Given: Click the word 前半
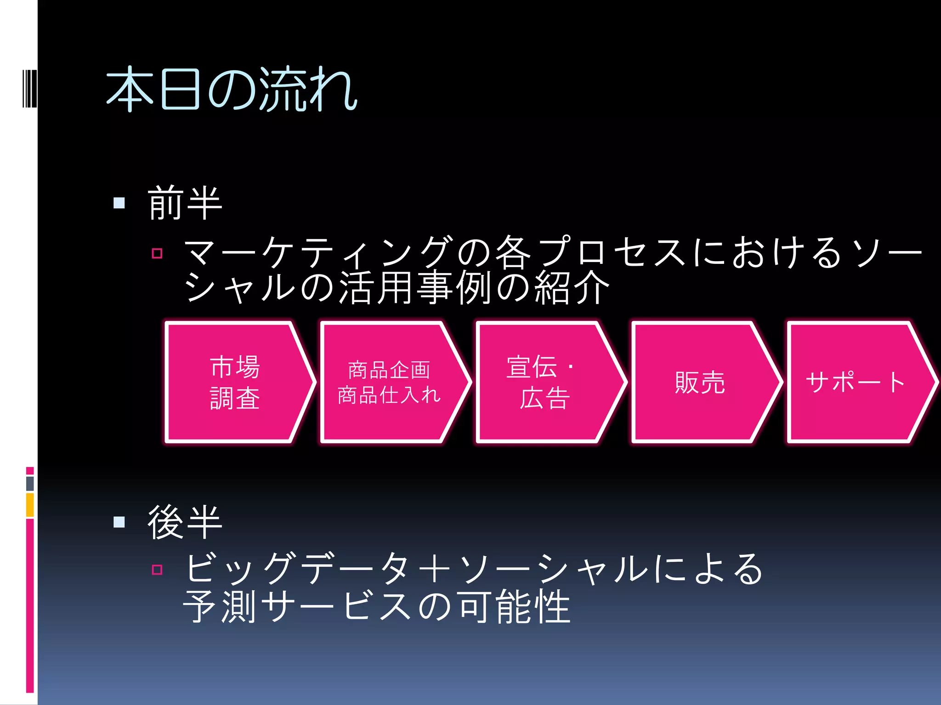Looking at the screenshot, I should pos(185,203).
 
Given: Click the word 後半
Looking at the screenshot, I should pos(185,522).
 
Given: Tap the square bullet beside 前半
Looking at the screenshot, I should pos(119,203).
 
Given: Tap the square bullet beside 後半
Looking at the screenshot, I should pos(119,522).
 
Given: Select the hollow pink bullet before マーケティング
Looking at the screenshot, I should pos(157,253).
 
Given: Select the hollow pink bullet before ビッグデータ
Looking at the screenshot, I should pos(157,570).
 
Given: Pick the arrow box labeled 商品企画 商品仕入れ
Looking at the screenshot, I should pos(390,382).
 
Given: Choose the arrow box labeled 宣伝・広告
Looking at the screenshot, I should pos(545,382).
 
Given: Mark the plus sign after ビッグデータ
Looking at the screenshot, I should pos(434,569).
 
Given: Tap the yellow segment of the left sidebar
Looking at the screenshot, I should pos(30,505).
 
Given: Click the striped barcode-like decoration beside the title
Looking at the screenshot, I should pos(29,89).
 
